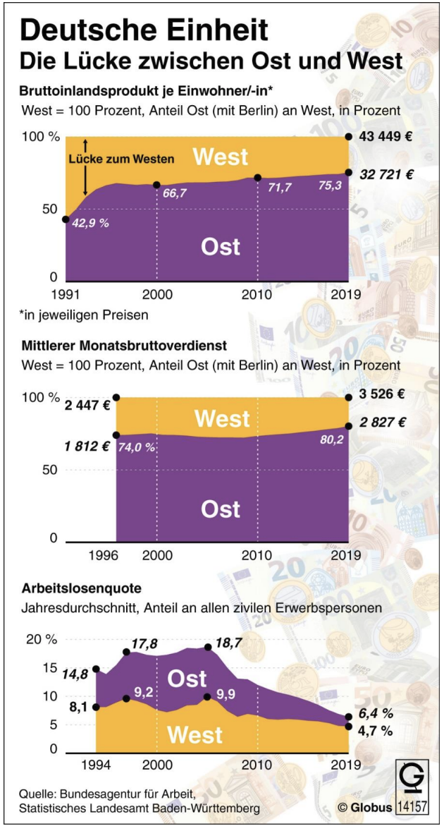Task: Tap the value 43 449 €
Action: (x=385, y=137)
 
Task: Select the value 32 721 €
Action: (x=385, y=173)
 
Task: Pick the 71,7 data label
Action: (x=276, y=187)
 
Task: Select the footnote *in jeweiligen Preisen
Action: (x=83, y=315)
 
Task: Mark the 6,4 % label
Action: (x=374, y=715)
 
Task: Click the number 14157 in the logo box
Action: (x=412, y=806)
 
